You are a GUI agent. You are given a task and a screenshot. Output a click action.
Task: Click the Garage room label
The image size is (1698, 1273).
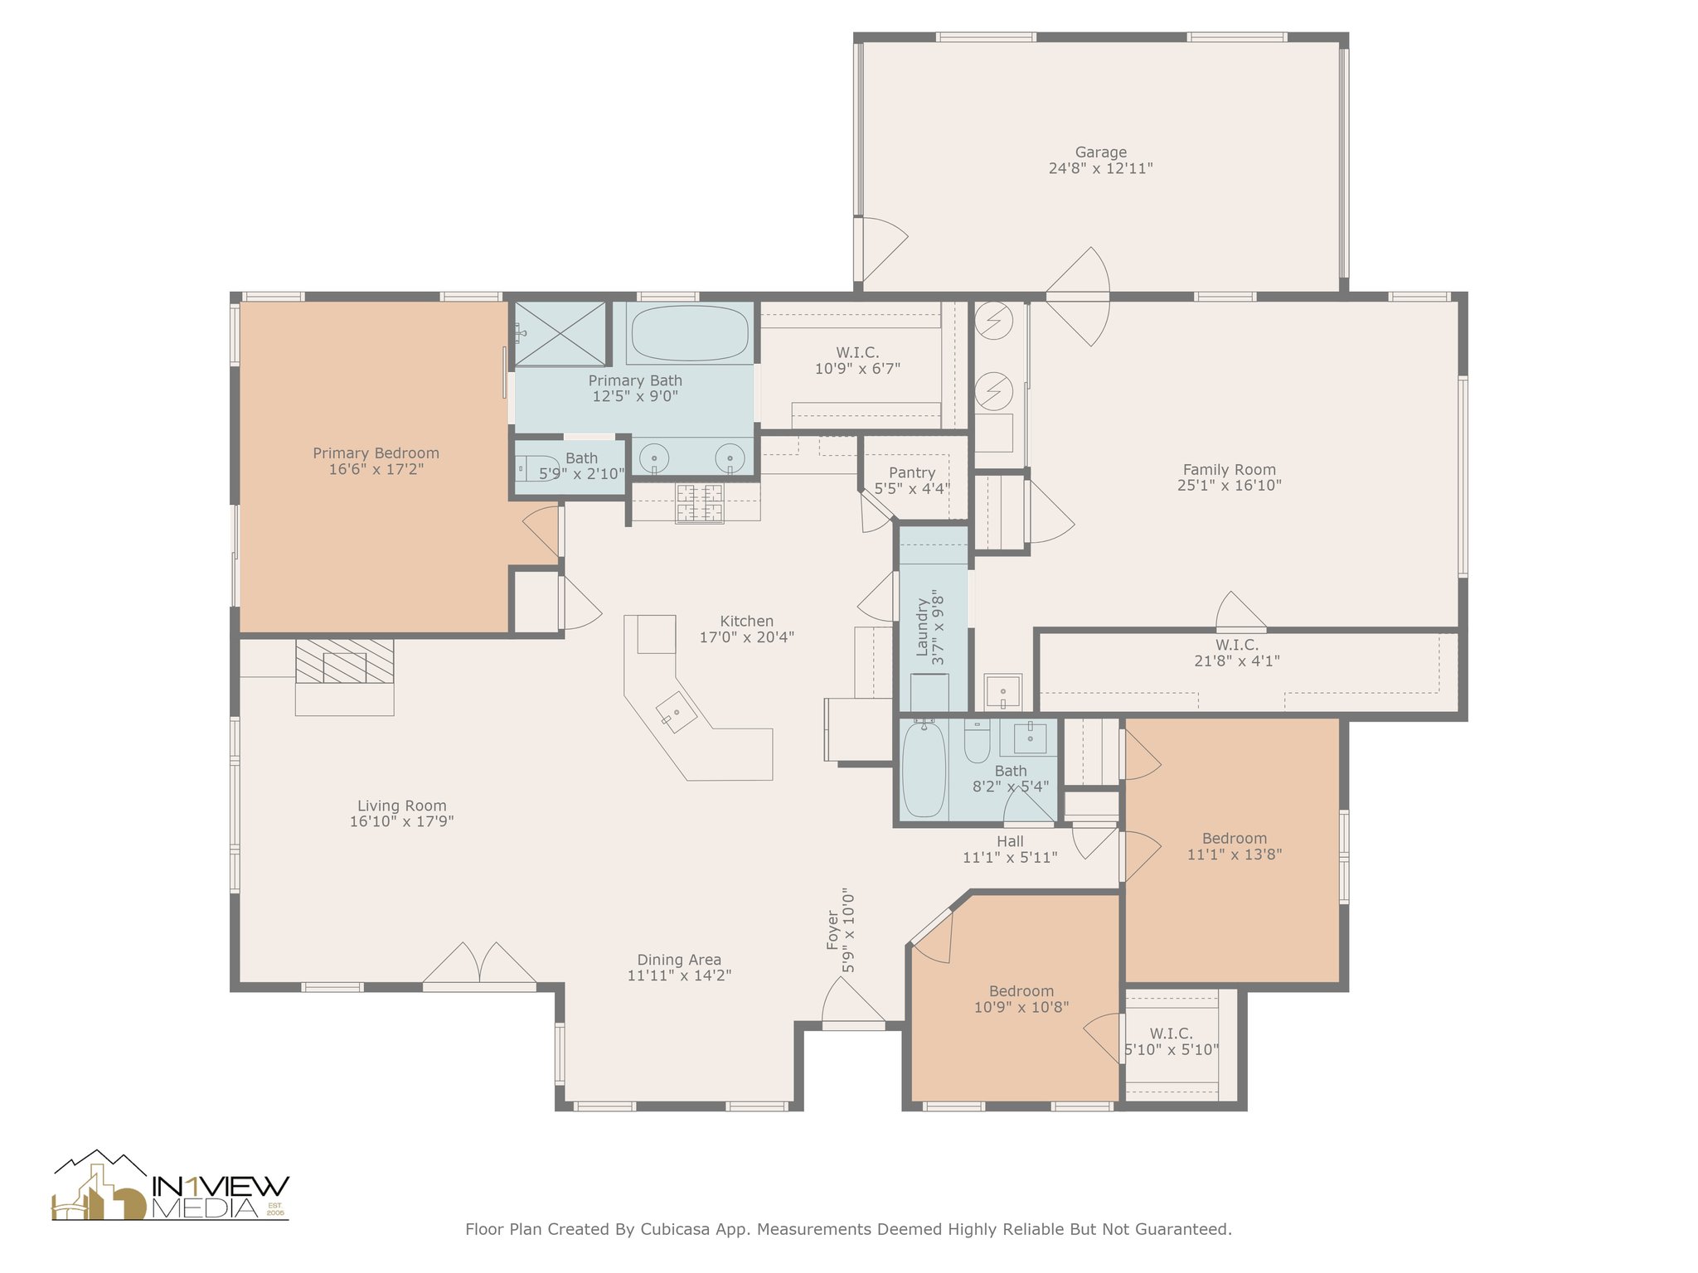coord(1100,152)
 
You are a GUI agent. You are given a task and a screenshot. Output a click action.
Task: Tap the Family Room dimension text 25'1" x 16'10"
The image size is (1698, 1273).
coord(1229,486)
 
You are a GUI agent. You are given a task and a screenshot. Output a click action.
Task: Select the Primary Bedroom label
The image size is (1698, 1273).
coord(376,453)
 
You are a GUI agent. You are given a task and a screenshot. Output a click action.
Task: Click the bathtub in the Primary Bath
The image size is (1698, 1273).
coord(689,333)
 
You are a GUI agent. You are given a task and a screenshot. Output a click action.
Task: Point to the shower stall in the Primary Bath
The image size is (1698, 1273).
coord(560,333)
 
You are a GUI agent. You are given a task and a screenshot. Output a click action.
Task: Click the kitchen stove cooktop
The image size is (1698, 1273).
coord(699,504)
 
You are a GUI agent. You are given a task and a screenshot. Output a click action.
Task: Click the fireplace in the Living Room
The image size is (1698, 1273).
coord(344,661)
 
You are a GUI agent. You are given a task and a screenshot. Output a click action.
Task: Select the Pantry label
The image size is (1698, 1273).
coord(912,472)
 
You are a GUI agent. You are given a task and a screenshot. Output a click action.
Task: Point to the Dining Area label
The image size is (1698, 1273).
coord(679,960)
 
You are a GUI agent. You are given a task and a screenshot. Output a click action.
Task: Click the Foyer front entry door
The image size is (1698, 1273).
coord(853,1004)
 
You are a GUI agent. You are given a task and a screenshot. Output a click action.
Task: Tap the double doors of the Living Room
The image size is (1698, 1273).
coord(479,966)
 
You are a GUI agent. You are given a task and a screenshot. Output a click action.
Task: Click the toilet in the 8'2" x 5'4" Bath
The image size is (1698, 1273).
coord(978,741)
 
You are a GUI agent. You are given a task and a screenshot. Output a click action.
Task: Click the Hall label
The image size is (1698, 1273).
coord(1010,841)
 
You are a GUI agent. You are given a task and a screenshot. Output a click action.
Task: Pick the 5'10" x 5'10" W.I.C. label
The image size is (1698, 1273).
coord(1171,1034)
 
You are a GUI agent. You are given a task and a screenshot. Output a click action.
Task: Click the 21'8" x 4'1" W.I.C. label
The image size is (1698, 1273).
coord(1237,646)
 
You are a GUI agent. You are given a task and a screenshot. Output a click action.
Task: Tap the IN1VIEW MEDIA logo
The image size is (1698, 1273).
coord(171,1185)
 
